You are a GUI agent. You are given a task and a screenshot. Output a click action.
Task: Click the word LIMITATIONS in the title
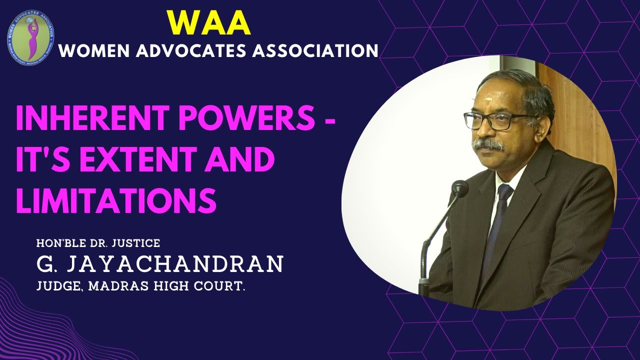click(x=116, y=199)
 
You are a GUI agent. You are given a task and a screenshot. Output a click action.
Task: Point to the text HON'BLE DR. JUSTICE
click(x=98, y=243)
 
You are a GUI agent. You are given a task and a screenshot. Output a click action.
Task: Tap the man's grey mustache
click(x=488, y=145)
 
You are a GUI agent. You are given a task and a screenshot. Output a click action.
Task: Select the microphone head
click(x=459, y=188)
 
